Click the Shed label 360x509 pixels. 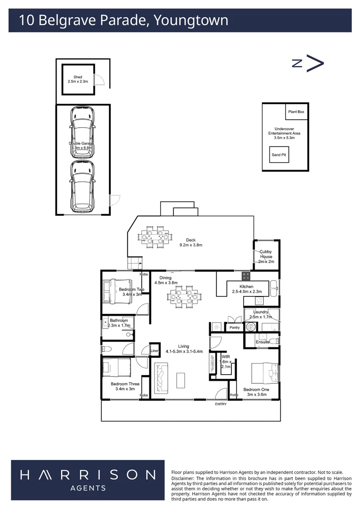(x=78, y=77)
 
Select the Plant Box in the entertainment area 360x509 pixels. (x=296, y=112)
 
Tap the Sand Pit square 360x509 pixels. (x=278, y=155)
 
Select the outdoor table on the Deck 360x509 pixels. (x=155, y=236)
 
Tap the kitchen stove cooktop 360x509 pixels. (x=245, y=275)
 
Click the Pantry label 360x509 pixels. (x=234, y=328)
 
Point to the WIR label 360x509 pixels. (x=225, y=357)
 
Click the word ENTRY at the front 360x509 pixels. (x=221, y=404)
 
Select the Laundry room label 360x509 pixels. (x=261, y=312)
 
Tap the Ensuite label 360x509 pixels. (x=262, y=342)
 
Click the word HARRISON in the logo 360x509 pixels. (x=88, y=474)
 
